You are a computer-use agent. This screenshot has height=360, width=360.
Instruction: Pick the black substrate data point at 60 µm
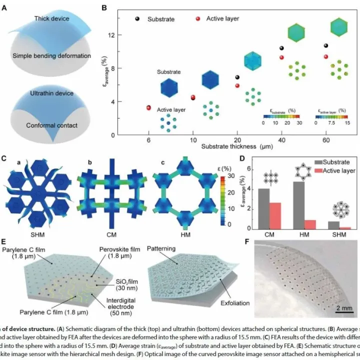[326, 46]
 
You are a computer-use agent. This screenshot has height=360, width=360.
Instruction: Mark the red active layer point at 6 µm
[148, 107]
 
